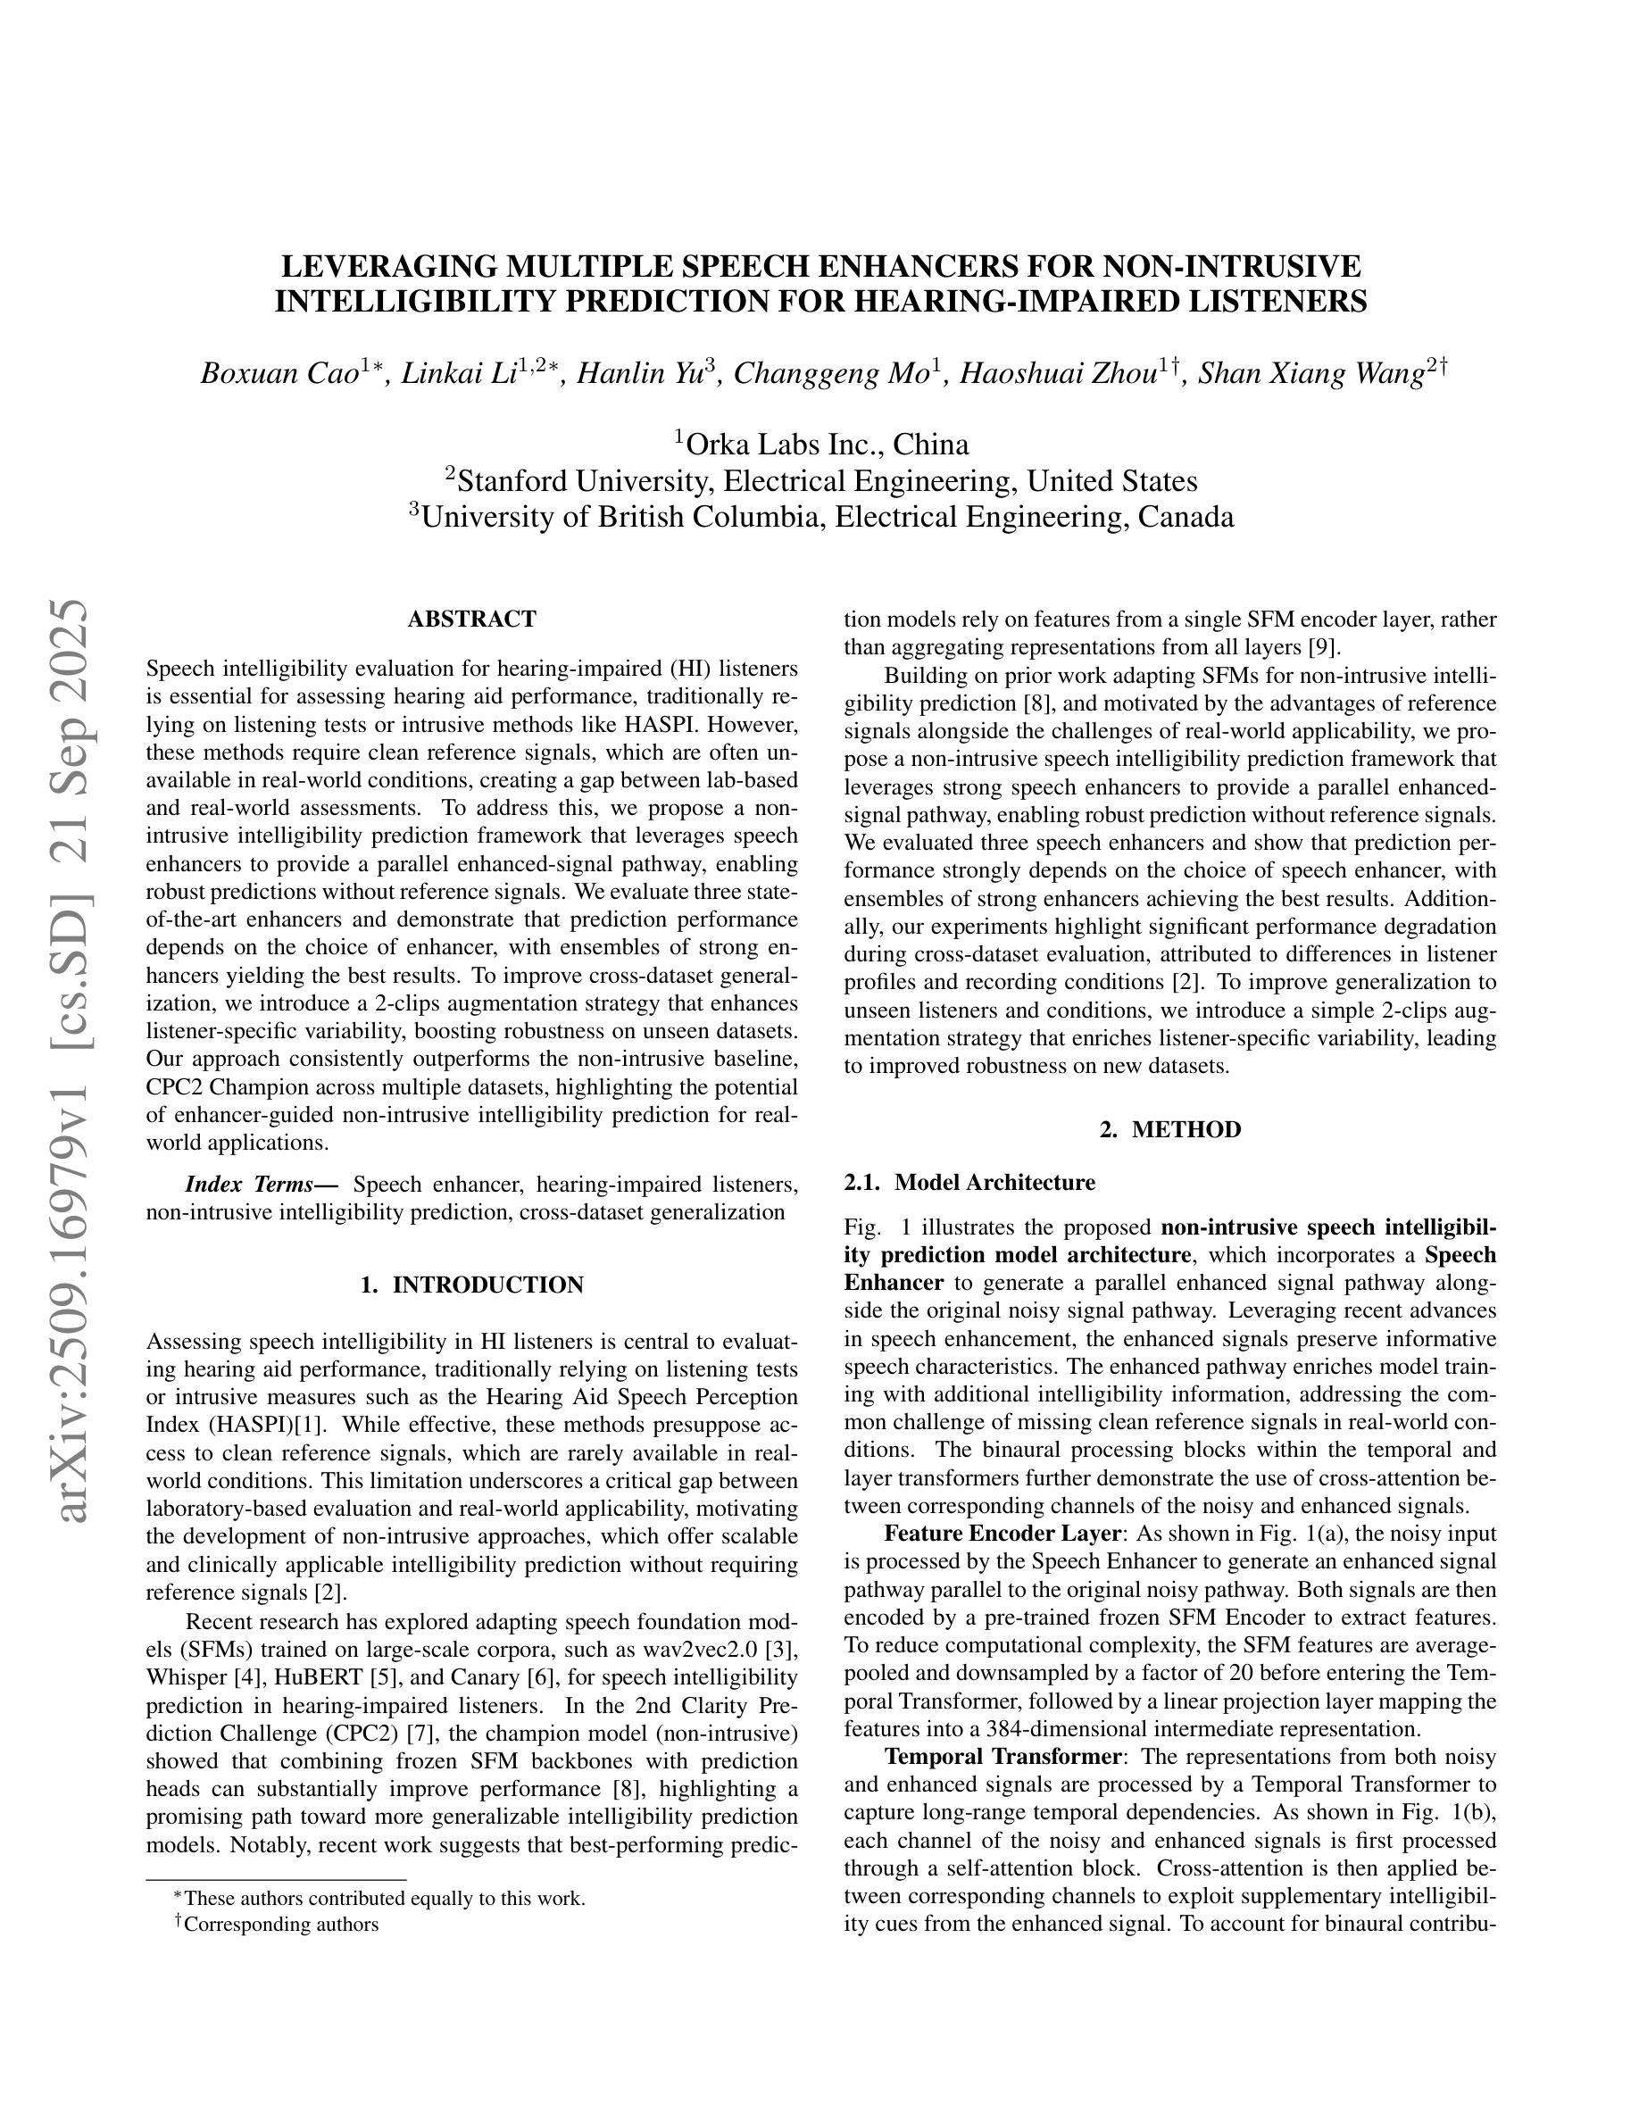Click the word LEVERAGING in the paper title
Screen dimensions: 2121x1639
386,266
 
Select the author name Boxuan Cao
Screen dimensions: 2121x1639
279,374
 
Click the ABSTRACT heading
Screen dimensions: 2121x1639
472,619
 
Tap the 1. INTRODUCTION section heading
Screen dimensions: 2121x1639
472,1285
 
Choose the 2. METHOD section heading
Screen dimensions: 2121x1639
1170,1129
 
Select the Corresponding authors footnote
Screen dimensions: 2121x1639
280,1924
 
